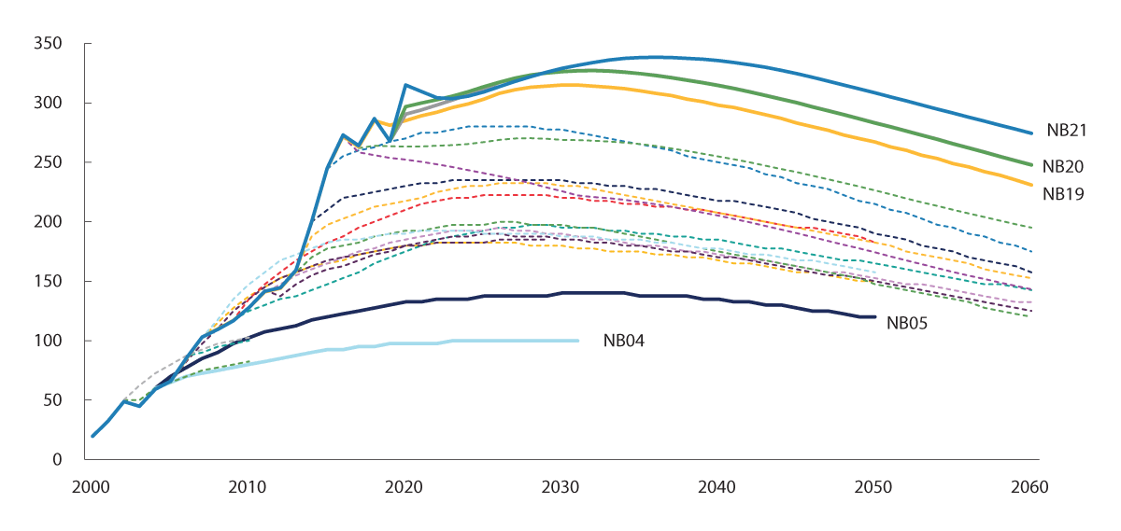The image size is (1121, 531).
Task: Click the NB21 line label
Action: pyautogui.click(x=1064, y=131)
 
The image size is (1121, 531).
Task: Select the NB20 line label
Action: pyautogui.click(x=1064, y=167)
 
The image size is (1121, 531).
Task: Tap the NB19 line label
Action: pyautogui.click(x=1064, y=194)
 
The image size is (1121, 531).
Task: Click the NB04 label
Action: pyautogui.click(x=624, y=342)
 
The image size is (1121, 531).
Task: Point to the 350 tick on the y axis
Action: pyautogui.click(x=49, y=44)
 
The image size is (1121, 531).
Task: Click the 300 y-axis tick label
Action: pyautogui.click(x=49, y=104)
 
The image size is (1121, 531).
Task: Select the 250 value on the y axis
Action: pyautogui.click(x=49, y=162)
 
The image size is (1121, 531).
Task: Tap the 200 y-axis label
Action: pyautogui.click(x=49, y=222)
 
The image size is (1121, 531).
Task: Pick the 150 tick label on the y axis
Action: pyautogui.click(x=49, y=282)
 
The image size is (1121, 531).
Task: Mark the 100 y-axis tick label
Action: pyautogui.click(x=49, y=341)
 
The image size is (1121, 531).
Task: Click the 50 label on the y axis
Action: pyautogui.click(x=52, y=400)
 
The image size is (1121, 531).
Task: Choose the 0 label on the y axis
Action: pyautogui.click(x=57, y=460)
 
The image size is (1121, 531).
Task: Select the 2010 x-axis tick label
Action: pyautogui.click(x=248, y=488)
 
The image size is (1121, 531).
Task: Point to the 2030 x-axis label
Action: pyautogui.click(x=561, y=488)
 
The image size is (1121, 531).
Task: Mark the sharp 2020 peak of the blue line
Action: pyautogui.click(x=405, y=85)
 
